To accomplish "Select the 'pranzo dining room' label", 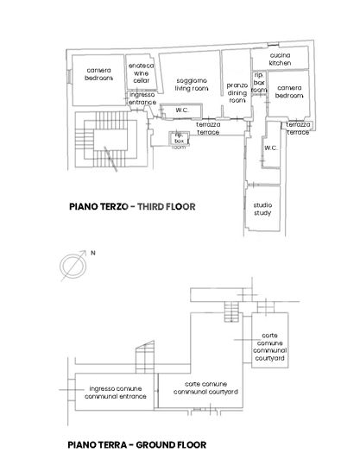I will pyautogui.click(x=237, y=92).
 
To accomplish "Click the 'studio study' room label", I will pyautogui.click(x=262, y=208).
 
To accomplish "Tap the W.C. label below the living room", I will pyautogui.click(x=181, y=110).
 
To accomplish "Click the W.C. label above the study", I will pyautogui.click(x=270, y=148).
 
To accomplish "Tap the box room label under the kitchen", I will pyautogui.click(x=259, y=83).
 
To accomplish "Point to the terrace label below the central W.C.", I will pyautogui.click(x=207, y=129).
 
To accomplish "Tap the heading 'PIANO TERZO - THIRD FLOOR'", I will pyautogui.click(x=132, y=207).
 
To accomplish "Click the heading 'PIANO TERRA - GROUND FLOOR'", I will pyautogui.click(x=136, y=445).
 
